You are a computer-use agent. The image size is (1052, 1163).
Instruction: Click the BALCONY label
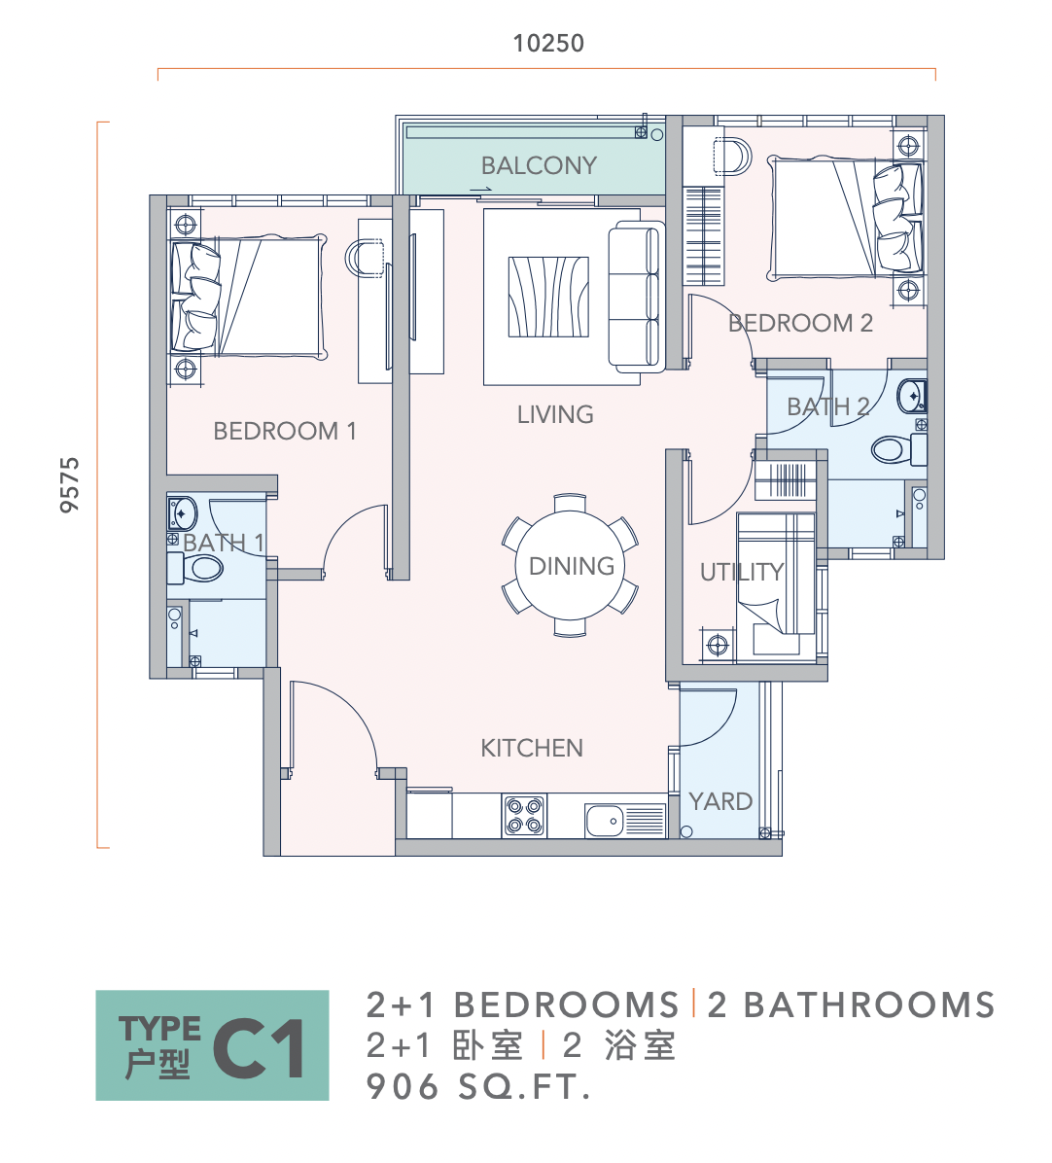(x=539, y=165)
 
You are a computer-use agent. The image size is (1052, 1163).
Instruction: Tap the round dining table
(x=570, y=565)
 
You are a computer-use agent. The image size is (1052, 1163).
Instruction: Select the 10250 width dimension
(x=548, y=43)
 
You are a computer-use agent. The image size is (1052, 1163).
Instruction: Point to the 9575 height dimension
(x=69, y=484)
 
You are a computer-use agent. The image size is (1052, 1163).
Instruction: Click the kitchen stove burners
(x=524, y=816)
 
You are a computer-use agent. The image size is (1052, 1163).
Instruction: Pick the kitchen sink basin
(x=605, y=821)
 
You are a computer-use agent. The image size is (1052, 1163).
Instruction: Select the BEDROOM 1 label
(x=285, y=431)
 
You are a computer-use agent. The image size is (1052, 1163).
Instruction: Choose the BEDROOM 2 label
(x=801, y=324)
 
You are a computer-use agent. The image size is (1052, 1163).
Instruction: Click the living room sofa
(x=635, y=297)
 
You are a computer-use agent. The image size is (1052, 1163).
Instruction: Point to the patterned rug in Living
(x=548, y=297)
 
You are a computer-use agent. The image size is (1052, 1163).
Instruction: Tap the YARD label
(x=720, y=802)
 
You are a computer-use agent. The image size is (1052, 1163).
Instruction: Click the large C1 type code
(x=259, y=1048)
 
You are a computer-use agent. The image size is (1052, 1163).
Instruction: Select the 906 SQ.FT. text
(x=478, y=1087)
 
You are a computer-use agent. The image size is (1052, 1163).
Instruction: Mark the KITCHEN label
(x=532, y=749)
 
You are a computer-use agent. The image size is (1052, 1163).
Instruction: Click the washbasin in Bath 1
(x=182, y=513)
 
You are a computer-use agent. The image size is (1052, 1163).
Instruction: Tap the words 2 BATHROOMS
(x=851, y=1005)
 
